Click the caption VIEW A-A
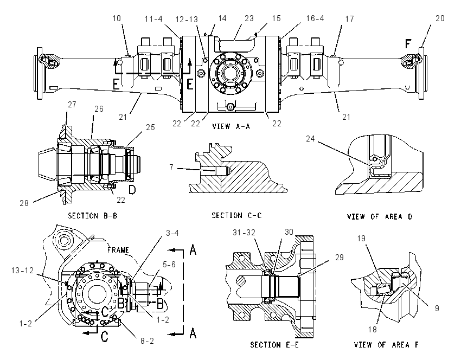coord(231,126)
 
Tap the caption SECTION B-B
coord(93,216)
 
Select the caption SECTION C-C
coord(236,215)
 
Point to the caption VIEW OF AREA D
coord(380,216)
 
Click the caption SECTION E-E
coord(274,344)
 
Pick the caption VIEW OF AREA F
coord(386,344)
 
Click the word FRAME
coord(118,250)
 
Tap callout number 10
coord(117,18)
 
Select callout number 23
coord(249,18)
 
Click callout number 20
coord(440,18)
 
